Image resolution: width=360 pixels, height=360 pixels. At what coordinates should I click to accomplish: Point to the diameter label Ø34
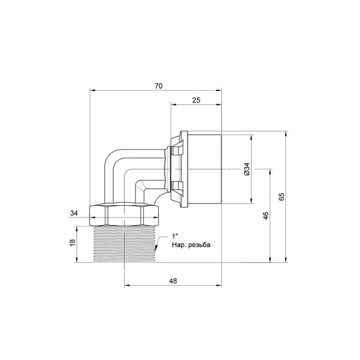[246, 170]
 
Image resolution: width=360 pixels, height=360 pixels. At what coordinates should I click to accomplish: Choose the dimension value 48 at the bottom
[173, 281]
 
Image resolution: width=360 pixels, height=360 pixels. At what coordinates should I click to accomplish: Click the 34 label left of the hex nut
[74, 214]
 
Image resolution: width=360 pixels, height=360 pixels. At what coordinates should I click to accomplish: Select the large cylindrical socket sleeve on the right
[204, 169]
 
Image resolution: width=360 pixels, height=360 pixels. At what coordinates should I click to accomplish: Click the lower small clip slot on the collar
[176, 185]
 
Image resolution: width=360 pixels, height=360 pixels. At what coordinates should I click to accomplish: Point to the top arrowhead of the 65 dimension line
[286, 134]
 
